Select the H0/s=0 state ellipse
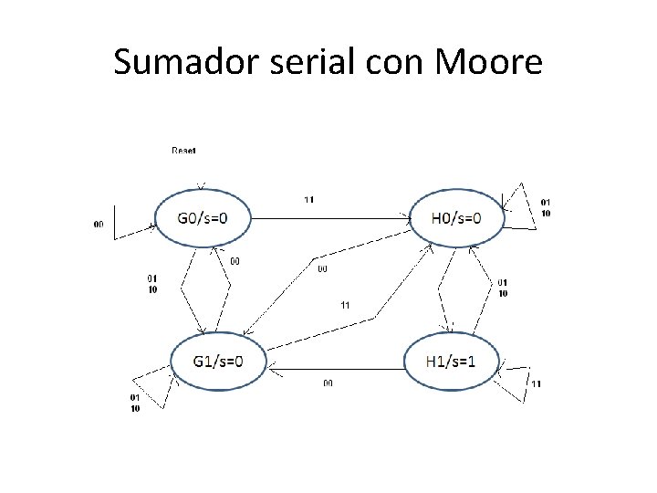456,218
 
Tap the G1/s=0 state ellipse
218,361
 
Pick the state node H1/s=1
451,361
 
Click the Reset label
183,150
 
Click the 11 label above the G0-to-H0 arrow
309,200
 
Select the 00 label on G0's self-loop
98,223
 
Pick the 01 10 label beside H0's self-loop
546,207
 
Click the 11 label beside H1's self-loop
536,384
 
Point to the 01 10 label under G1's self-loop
135,403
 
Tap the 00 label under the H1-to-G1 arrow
327,383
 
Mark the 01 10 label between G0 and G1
151,284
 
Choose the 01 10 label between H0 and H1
502,288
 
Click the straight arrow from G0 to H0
328,218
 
